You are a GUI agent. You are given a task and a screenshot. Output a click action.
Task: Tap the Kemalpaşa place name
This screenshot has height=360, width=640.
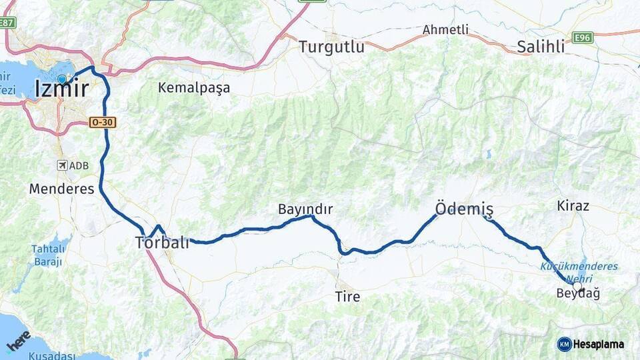click(194, 87)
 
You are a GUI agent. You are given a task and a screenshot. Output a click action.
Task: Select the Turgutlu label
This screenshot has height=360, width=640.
click(331, 47)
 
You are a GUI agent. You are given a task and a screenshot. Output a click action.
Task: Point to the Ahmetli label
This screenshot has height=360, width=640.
click(445, 29)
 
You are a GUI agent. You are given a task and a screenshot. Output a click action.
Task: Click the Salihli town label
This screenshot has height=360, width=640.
click(541, 47)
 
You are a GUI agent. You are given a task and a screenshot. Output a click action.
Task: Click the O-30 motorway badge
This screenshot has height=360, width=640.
click(103, 122)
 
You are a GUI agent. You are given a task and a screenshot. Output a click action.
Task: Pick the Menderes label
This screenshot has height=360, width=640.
click(61, 189)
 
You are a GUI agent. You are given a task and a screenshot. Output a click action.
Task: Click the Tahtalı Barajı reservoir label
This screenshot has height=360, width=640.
click(47, 255)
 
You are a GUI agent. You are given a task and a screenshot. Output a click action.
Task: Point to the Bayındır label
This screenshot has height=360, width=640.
click(305, 209)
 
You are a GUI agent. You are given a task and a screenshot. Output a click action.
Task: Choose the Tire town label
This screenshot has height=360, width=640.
click(348, 297)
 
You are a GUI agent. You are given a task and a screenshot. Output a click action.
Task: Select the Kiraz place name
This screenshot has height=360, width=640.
click(573, 205)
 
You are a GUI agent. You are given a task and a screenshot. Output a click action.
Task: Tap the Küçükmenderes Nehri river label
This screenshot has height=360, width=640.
click(579, 271)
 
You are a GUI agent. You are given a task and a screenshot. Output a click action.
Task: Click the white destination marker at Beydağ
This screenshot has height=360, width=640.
click(577, 286)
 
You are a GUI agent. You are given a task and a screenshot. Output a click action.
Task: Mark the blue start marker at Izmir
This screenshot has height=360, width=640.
click(62, 79)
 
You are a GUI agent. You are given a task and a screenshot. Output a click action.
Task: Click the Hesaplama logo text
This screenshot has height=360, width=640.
click(598, 344)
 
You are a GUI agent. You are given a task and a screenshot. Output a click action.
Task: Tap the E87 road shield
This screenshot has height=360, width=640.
click(7, 22)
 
